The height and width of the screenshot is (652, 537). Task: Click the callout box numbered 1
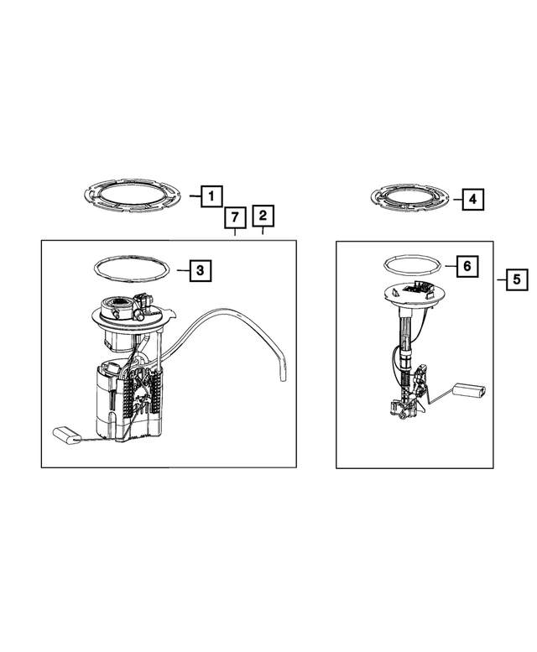point(211,196)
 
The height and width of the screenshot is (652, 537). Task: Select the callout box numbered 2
point(263,216)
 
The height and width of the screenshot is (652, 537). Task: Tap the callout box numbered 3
point(201,271)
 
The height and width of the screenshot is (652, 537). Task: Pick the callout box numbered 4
point(472,199)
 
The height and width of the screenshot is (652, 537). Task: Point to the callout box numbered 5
point(517,279)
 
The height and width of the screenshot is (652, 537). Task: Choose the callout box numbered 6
point(467,266)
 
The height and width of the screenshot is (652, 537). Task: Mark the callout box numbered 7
point(235,218)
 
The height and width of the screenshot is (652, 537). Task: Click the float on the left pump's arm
point(65,436)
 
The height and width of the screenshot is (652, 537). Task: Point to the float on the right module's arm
point(468,390)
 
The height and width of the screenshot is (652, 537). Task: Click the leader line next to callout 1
point(196,196)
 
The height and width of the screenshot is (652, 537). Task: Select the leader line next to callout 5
point(502,279)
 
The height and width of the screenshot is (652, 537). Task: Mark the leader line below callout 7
point(235,232)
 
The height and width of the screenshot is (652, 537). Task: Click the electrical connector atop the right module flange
point(416,287)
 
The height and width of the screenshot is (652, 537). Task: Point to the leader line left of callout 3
point(183,271)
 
